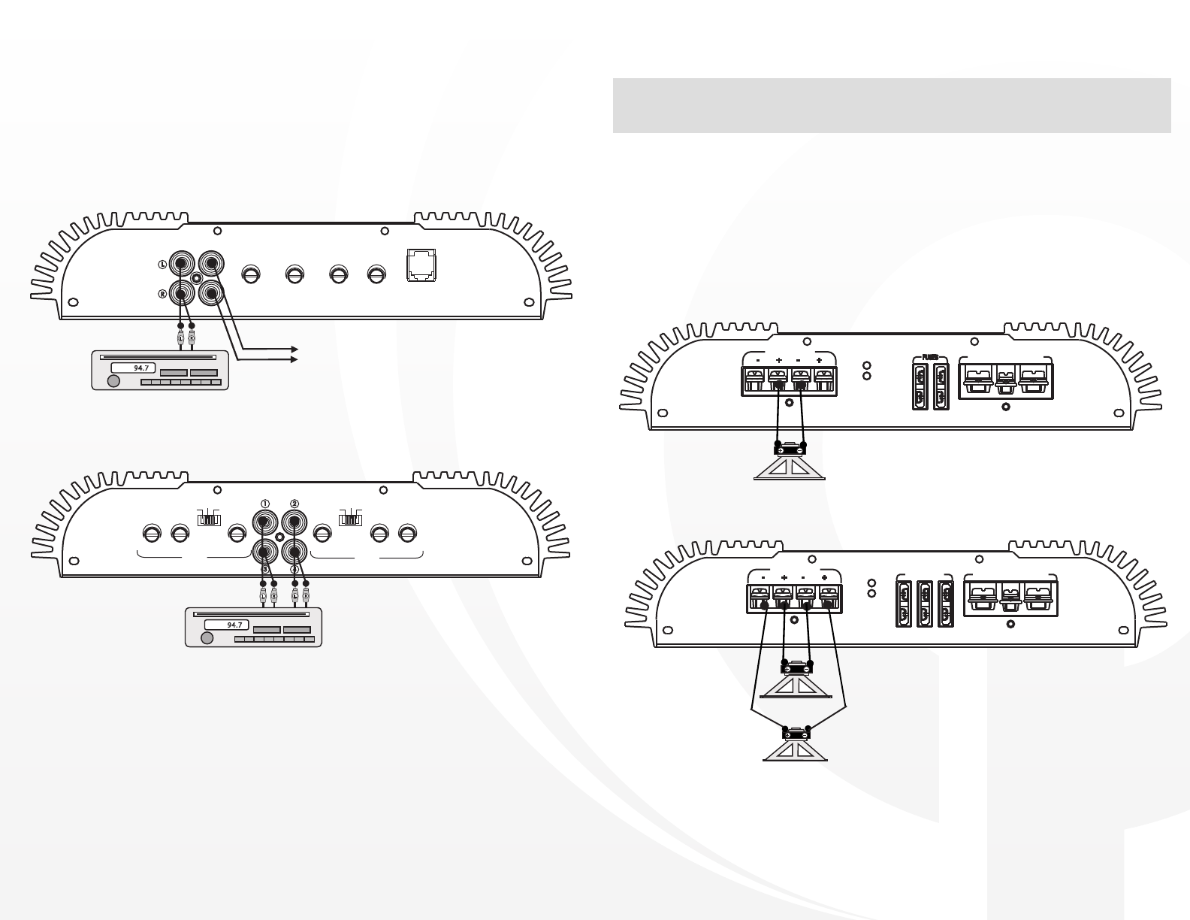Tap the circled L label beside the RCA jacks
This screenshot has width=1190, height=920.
[162, 265]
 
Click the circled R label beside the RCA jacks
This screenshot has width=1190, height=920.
[162, 294]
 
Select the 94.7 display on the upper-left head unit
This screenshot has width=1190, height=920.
[131, 368]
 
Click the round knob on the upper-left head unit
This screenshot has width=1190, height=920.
[113, 381]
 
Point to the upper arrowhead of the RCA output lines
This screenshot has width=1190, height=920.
[295, 350]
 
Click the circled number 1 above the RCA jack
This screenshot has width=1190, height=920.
[264, 503]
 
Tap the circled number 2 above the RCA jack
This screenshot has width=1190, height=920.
[294, 503]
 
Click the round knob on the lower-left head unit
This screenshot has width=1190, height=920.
[207, 638]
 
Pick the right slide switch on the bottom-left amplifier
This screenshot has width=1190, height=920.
[350, 519]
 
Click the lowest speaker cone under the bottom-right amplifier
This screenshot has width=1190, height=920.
[796, 749]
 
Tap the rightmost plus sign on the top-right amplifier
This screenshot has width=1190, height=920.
[819, 361]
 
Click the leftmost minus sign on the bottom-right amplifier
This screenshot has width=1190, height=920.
[763, 577]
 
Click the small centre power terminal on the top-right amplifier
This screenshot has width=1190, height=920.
[1005, 380]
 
